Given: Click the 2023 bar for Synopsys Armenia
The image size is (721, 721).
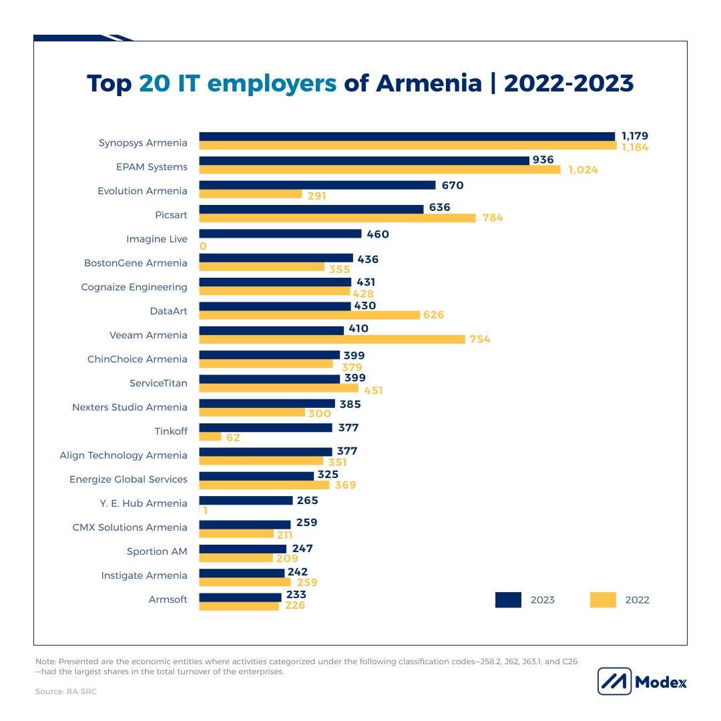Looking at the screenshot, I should coord(407,136).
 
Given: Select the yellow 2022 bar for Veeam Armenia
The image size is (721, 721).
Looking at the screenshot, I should coord(332,339).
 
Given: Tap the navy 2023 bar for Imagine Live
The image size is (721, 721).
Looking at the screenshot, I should coord(280,234).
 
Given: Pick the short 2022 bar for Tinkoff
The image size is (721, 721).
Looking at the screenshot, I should coord(210,437).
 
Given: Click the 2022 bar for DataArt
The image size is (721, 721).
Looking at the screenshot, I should coord(310,315).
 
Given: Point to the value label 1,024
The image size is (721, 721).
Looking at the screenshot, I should coord(583,170).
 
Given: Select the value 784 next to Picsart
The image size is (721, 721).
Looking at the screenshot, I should coord(491,218).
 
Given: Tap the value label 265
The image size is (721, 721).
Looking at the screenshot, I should coord(307,500).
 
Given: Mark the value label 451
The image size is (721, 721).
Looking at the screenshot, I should coord(373,391).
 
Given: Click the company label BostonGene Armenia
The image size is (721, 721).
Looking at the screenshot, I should coord(136,263).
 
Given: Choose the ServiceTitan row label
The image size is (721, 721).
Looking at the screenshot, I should coord(158,383).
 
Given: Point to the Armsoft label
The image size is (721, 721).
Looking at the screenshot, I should coord(168,599).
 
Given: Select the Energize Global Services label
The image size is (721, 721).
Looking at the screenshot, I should coord(128,479).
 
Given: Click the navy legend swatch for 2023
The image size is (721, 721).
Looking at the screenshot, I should coord(508,599).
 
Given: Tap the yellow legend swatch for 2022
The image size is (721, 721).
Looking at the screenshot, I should coord(603,599).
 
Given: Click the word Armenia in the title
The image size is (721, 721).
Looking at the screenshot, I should coord(429,83).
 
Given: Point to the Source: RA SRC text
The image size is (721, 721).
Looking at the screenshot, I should coord(66,692).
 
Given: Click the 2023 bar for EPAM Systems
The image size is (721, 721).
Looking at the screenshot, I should coord(363,160).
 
